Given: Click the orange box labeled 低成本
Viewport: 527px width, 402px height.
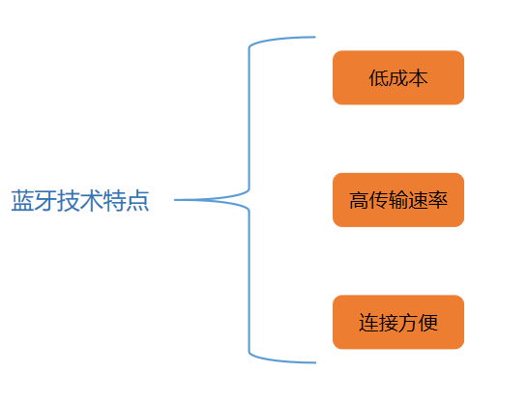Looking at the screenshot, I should point(398,77).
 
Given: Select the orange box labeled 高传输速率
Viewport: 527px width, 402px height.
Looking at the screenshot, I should point(398,200).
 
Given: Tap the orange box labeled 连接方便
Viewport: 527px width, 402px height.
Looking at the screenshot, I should point(398,322).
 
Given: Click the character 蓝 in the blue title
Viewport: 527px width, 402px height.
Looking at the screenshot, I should point(22,202).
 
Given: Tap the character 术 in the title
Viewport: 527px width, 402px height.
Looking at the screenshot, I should point(92,202).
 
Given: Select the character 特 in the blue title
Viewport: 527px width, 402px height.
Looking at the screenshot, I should point(115,202).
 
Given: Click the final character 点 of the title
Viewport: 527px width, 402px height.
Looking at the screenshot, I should point(138,202).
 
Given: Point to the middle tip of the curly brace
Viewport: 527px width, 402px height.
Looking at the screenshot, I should point(177,200).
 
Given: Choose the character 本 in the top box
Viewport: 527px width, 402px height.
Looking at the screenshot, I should point(418,78).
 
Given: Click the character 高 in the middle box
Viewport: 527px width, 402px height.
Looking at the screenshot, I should point(359,201).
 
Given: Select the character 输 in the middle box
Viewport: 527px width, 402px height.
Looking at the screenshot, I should point(398,201).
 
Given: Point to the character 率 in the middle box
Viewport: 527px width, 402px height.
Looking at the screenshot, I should point(438,201).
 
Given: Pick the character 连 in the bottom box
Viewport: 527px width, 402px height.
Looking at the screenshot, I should point(368,323).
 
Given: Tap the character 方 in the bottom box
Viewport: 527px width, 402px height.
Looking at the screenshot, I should point(408,323).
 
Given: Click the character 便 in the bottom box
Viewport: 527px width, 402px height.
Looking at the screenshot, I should point(428,323).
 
